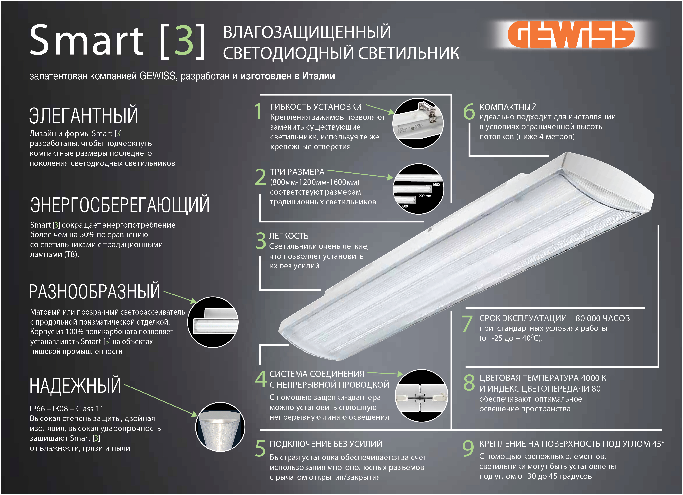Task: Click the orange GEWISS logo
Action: pyautogui.click(x=571, y=34)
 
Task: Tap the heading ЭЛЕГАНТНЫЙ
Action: pyautogui.click(x=84, y=115)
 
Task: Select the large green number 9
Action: pyautogui.click(x=468, y=448)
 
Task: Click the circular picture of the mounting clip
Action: pyautogui.click(x=418, y=123)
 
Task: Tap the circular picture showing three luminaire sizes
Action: pyautogui.click(x=418, y=189)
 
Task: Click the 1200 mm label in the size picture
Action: pyautogui.click(x=424, y=196)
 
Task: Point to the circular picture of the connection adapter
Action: pyautogui.click(x=421, y=396)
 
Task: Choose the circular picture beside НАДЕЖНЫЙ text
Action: pyautogui.click(x=220, y=427)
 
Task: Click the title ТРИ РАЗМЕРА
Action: pyautogui.click(x=297, y=172)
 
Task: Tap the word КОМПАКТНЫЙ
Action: pyautogui.click(x=508, y=108)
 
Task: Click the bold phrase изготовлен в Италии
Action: pyautogui.click(x=288, y=76)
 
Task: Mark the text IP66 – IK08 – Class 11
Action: pyautogui.click(x=67, y=409)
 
